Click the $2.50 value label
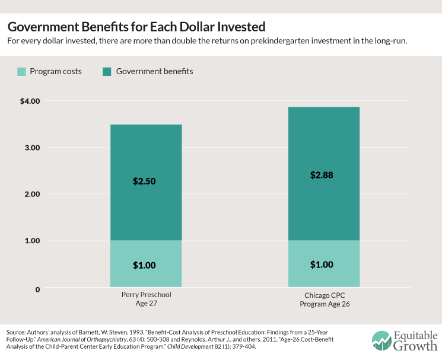[145, 181]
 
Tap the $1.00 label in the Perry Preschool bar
[145, 265]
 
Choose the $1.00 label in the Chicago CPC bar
[323, 265]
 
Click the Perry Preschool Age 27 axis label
[145, 299]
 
